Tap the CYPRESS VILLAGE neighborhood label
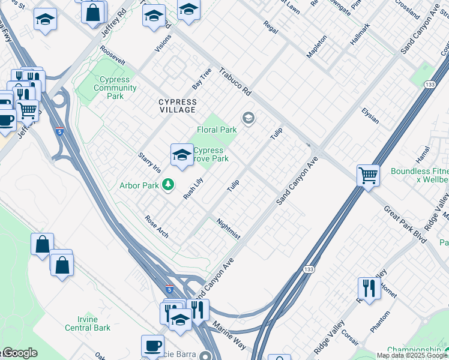tap(177, 106)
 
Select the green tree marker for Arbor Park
tap(169, 185)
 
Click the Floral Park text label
tap(217, 129)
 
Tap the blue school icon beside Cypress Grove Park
tap(181, 155)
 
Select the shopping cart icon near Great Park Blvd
tap(367, 175)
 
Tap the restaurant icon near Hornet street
tap(368, 288)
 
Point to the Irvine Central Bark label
tap(88, 323)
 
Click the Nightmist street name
tap(228, 229)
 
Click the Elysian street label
tap(370, 115)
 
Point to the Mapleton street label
tap(316, 46)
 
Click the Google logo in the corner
tap(19, 353)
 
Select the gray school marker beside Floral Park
tap(248, 118)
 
